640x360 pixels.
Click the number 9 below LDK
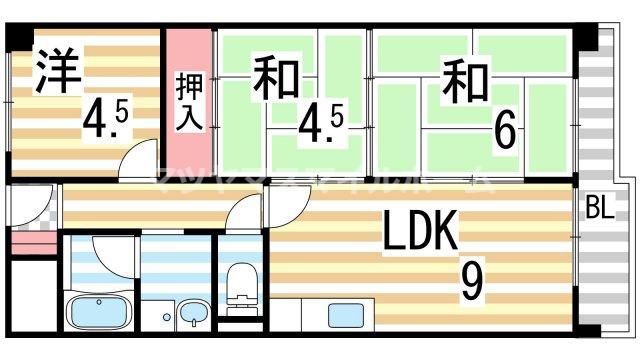(470, 283)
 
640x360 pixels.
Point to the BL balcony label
(600, 209)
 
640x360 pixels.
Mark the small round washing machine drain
(166, 318)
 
